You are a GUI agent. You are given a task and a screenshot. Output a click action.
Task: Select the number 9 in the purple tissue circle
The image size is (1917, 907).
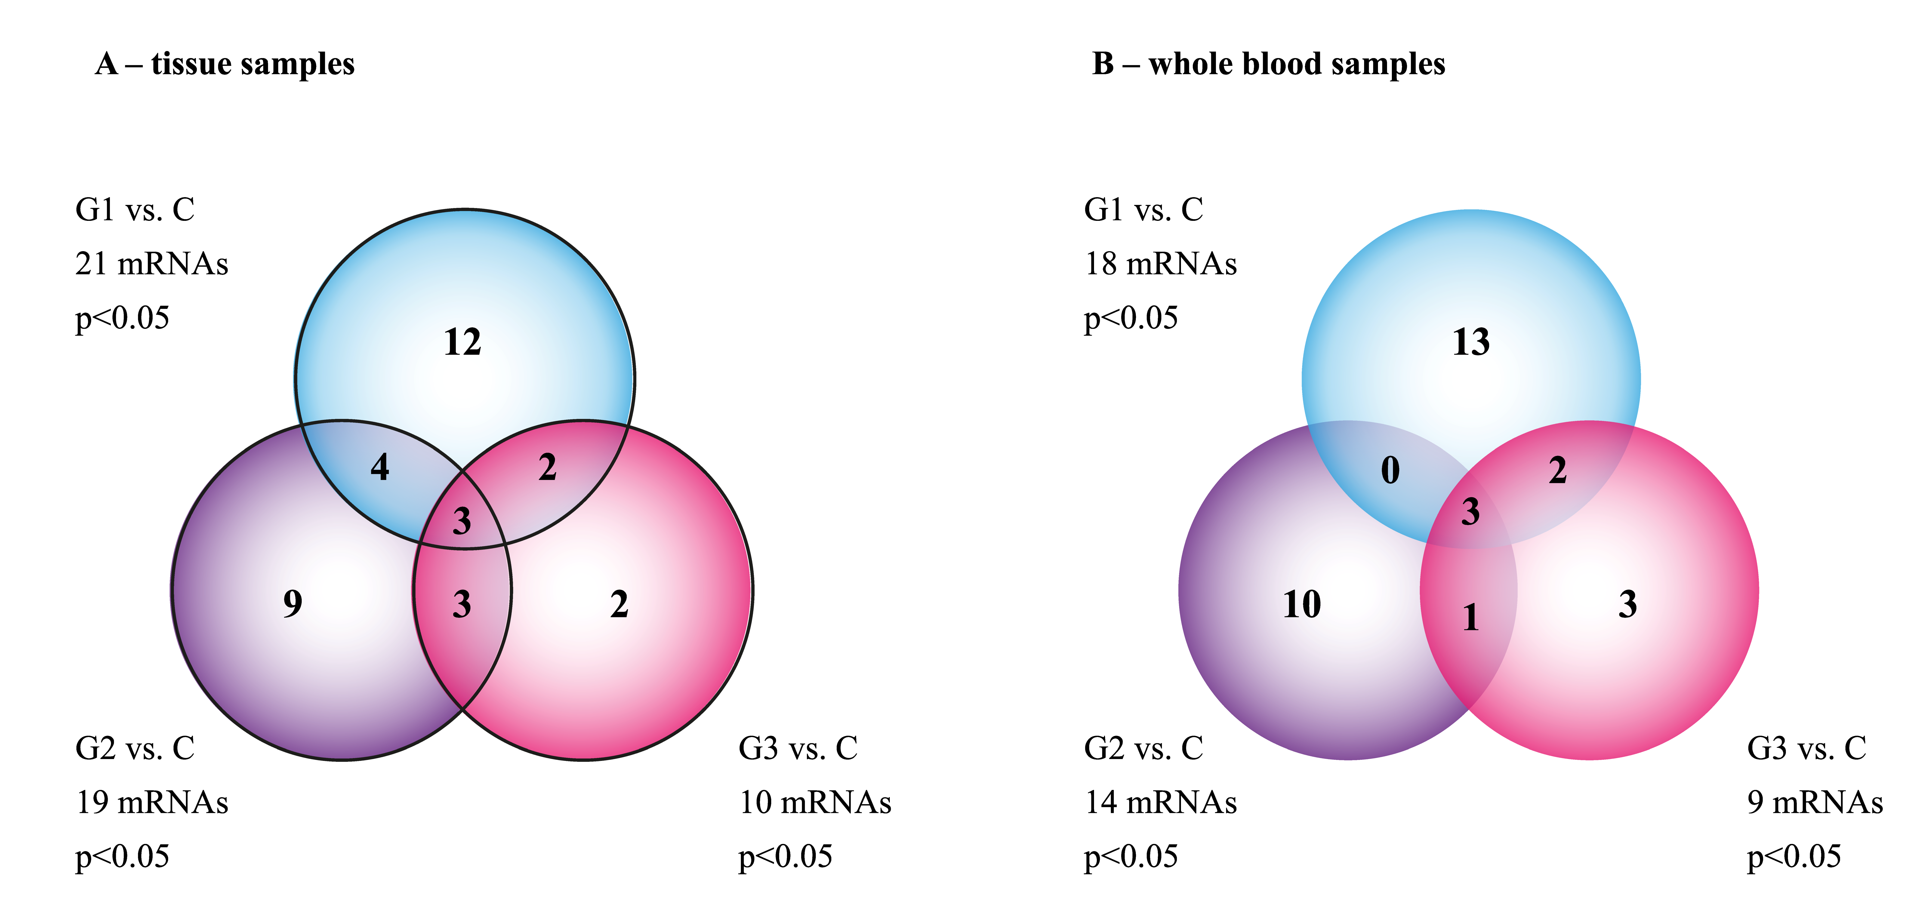293,603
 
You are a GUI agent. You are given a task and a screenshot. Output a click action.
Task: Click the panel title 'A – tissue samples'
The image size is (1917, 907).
225,64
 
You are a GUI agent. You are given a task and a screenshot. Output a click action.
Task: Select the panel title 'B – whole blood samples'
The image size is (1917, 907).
1268,64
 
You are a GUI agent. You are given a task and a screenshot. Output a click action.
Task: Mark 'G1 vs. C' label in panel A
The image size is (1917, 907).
135,210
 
